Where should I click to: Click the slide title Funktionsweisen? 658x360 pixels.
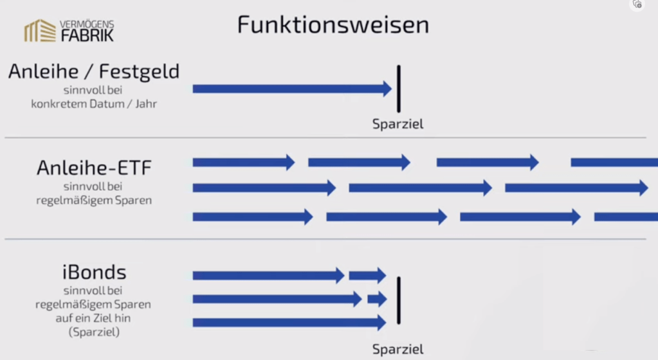pyautogui.click(x=333, y=25)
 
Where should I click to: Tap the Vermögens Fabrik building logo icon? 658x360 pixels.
pyautogui.click(x=39, y=31)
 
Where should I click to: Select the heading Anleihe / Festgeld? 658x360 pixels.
pyautogui.click(x=93, y=71)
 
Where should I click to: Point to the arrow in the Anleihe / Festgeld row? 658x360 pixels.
pyautogui.click(x=292, y=89)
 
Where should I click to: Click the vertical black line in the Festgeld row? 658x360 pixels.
pyautogui.click(x=399, y=89)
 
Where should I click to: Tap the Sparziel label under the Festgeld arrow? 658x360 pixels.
pyautogui.click(x=398, y=125)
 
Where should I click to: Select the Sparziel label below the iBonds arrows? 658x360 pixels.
pyautogui.click(x=398, y=350)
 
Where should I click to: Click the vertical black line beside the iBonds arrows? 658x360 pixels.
pyautogui.click(x=399, y=300)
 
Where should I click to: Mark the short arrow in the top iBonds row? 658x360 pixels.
pyautogui.click(x=367, y=276)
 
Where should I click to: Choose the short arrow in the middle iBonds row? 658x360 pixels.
pyautogui.click(x=377, y=299)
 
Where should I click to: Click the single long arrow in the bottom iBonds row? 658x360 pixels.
pyautogui.click(x=289, y=322)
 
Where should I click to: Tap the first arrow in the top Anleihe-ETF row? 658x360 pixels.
pyautogui.click(x=243, y=162)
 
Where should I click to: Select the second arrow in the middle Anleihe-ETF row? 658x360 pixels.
pyautogui.click(x=420, y=188)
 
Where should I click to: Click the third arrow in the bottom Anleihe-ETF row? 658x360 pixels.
pyautogui.click(x=520, y=217)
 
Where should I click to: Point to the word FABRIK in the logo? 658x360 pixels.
pyautogui.click(x=87, y=35)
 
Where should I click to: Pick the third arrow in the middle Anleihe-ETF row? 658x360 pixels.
pyautogui.click(x=576, y=188)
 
